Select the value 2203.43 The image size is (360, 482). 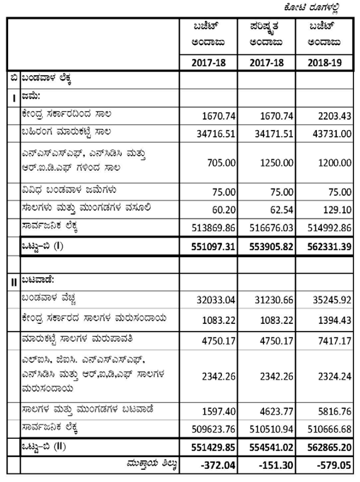click(x=333, y=117)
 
